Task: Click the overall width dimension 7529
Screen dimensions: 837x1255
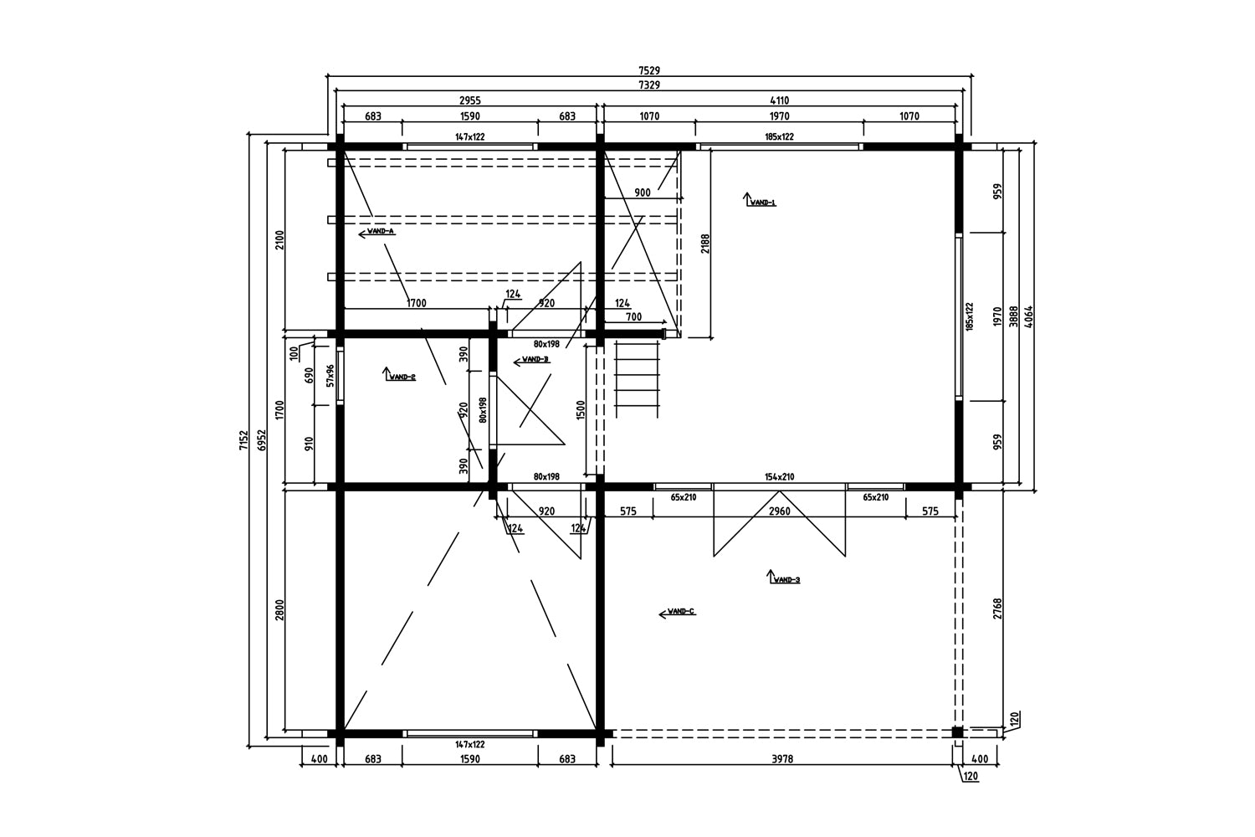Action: (648, 71)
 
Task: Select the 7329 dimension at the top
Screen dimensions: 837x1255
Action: (648, 85)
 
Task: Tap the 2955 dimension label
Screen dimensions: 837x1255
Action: (469, 100)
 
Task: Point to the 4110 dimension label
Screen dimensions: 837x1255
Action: (779, 100)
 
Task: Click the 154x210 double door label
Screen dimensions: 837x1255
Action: (779, 477)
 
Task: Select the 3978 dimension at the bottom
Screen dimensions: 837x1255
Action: (781, 759)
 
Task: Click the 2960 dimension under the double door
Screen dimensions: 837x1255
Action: (779, 511)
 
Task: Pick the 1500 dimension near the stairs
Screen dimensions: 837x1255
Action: (581, 411)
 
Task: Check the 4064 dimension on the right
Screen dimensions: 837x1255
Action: (1029, 316)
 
